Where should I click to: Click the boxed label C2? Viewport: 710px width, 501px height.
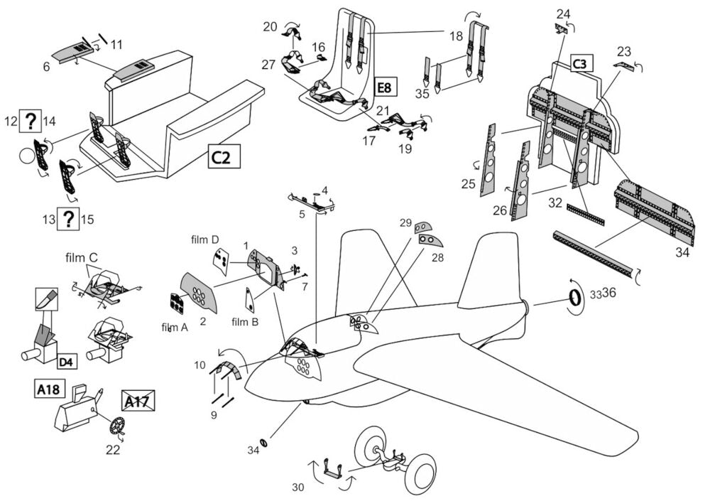click(224, 156)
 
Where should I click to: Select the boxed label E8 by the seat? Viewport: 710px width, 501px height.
click(383, 89)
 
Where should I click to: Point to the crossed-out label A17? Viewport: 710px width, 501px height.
click(138, 402)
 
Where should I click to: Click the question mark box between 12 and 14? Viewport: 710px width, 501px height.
click(30, 122)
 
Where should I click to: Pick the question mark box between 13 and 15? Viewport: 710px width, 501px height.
click(67, 219)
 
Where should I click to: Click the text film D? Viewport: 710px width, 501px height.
click(205, 239)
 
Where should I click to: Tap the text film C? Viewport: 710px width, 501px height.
click(84, 257)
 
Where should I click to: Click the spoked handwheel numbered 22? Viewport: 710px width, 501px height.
click(117, 427)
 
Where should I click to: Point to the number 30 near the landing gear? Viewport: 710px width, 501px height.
click(299, 487)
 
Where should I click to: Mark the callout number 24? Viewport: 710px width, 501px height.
click(563, 14)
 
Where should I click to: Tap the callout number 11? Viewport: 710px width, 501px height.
click(116, 44)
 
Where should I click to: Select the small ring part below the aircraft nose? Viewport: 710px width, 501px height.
click(264, 444)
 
